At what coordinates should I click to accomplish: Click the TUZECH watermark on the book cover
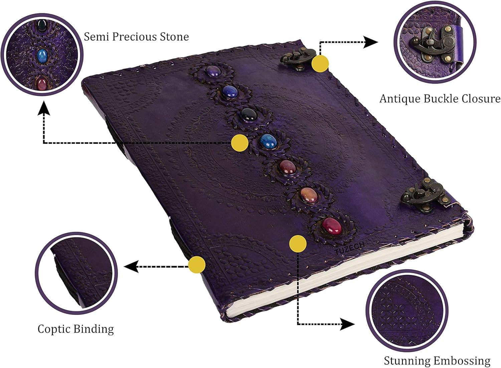pos(349,249)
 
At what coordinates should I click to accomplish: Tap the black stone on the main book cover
pos(250,114)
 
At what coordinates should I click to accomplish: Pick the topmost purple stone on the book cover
pos(212,71)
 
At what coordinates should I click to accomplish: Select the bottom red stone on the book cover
pos(331,226)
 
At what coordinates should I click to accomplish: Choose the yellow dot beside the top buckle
pos(320,63)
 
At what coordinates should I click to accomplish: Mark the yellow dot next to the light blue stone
pos(239,143)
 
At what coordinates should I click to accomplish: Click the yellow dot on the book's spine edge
pos(197,265)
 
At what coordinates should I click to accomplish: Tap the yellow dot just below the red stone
pos(298,243)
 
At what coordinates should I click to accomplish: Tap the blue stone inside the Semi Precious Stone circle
pos(42,54)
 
